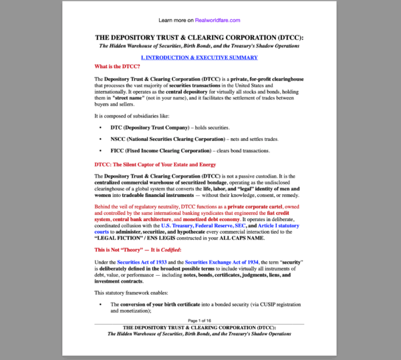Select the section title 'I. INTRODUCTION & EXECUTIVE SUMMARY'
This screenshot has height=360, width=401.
point(199,57)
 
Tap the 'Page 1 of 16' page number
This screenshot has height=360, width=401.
point(199,321)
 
